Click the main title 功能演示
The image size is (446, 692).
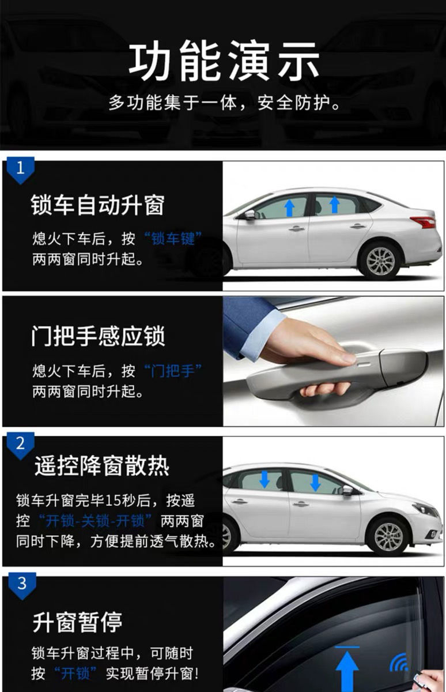(x=224, y=61)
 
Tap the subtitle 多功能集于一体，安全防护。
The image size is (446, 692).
(x=224, y=104)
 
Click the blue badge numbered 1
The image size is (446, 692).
(x=21, y=168)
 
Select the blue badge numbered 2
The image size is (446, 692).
(x=21, y=444)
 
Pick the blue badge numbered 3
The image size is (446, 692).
(x=21, y=584)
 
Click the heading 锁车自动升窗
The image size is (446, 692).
(x=98, y=206)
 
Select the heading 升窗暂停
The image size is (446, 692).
(x=77, y=622)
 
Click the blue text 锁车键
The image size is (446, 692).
(x=173, y=239)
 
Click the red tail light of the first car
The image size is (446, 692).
(x=423, y=222)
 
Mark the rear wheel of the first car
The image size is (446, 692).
(x=380, y=261)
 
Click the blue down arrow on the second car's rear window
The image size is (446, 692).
(x=315, y=481)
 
